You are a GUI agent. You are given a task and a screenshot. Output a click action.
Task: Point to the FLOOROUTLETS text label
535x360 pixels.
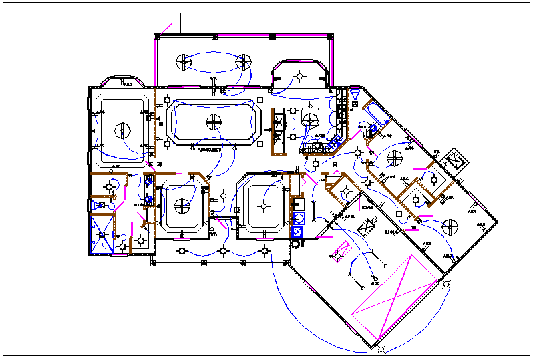click(x=210, y=150)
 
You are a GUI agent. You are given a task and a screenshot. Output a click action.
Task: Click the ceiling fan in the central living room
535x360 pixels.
click(x=213, y=122)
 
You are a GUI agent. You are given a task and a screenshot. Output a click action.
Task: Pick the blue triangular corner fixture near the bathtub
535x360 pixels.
click(x=355, y=98)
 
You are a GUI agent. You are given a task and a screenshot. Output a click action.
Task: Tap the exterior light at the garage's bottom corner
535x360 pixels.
click(x=381, y=349)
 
